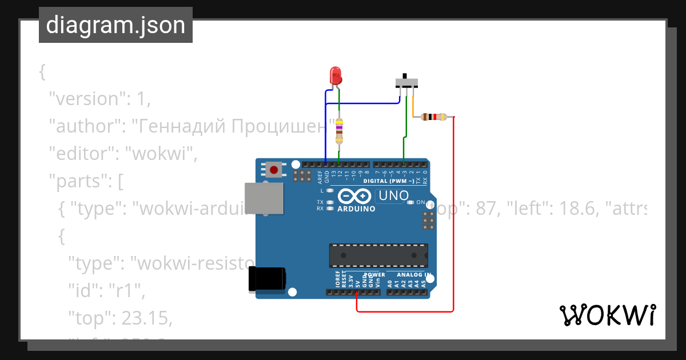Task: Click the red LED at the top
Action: pos(336,75)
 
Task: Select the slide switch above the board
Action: pos(406,81)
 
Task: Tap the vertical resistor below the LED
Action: pos(339,131)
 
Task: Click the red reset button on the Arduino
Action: pos(274,170)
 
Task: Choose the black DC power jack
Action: pos(267,279)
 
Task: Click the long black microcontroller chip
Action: pos(378,255)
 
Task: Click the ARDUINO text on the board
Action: pos(356,209)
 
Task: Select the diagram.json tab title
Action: pos(115,26)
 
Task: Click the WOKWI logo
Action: pos(607,315)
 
